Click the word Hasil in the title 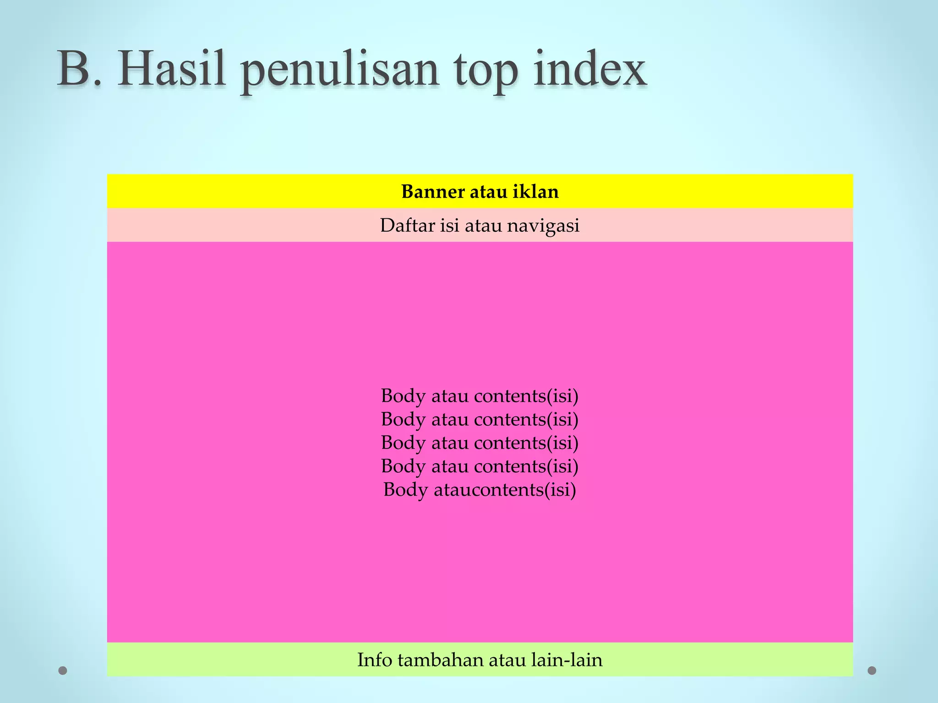tap(172, 70)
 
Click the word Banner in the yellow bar tap(433, 192)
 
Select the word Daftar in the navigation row tap(407, 226)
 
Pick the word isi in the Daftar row tap(450, 226)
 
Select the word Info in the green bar tap(375, 660)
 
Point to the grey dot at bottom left tap(63, 671)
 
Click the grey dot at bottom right tap(872, 671)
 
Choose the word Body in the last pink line tap(405, 490)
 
